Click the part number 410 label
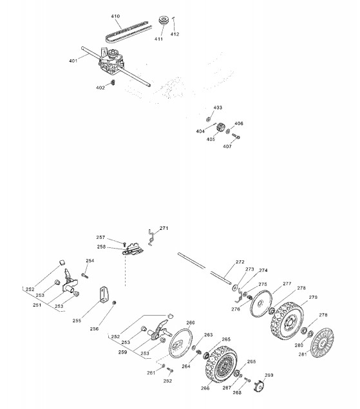pyautogui.click(x=115, y=16)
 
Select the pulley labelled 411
pyautogui.click(x=164, y=21)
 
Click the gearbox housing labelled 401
pyautogui.click(x=111, y=62)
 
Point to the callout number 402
pyautogui.click(x=100, y=88)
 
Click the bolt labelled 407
pyautogui.click(x=236, y=136)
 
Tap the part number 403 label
pyautogui.click(x=218, y=108)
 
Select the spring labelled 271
pyautogui.click(x=151, y=237)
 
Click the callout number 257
pyautogui.click(x=100, y=238)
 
